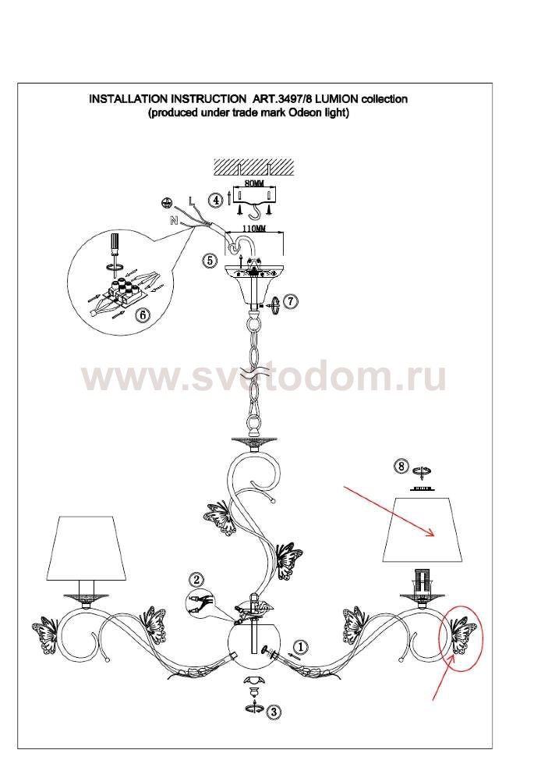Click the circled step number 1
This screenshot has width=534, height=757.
[x=301, y=646]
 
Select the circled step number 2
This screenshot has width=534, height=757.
[x=196, y=580]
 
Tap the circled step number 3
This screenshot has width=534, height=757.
[x=274, y=711]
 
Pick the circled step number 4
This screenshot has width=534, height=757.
[x=216, y=199]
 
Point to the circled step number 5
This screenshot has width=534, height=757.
[x=210, y=261]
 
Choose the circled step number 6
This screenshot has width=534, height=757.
[x=143, y=315]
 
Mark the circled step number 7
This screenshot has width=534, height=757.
[x=290, y=300]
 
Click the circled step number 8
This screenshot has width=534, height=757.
[x=401, y=467]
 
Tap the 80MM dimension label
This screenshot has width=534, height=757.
[x=254, y=183]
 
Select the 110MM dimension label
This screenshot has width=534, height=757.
[x=253, y=228]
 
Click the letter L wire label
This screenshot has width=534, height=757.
[x=192, y=201]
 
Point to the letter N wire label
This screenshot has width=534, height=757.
[x=173, y=221]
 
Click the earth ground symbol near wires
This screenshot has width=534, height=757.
[x=166, y=203]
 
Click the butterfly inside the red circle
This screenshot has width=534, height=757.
[x=463, y=634]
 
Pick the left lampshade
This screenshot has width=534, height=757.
[x=87, y=548]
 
